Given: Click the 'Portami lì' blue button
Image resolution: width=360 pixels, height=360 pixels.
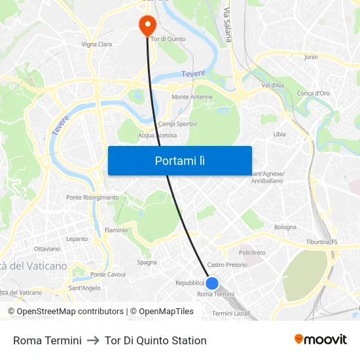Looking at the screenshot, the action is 179,160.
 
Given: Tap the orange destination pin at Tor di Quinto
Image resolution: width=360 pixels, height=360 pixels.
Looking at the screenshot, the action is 147,24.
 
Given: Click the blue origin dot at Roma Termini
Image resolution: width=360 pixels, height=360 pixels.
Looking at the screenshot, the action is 212,283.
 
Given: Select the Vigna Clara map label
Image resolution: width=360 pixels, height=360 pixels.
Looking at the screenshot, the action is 96,45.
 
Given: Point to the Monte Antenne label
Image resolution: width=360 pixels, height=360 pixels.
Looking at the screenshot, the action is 192,97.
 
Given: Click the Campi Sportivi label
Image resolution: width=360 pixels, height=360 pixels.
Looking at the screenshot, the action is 177,124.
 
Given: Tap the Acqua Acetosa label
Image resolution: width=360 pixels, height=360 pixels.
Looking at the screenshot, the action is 157,135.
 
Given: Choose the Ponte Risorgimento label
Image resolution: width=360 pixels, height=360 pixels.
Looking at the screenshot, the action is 92,197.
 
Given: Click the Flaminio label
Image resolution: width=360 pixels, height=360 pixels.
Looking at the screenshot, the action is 117,230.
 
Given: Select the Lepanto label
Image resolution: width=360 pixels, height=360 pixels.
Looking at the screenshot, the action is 77,239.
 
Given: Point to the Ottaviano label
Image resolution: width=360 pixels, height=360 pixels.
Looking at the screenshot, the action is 47,249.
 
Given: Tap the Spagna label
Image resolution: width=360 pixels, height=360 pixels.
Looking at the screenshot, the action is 147,262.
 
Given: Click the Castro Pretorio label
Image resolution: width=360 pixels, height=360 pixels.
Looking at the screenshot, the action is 227,265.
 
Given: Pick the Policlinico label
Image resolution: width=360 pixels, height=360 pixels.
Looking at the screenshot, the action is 252,253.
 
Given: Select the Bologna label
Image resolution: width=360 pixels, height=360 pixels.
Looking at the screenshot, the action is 285,227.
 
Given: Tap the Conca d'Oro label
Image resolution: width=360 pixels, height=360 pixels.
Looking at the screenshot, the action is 314,93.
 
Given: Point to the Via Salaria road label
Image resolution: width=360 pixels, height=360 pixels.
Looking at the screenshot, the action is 228,25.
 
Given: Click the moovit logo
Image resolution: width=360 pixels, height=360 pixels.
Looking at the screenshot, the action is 320,340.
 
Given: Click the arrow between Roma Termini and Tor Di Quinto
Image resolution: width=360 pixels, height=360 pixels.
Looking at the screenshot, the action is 93,340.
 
